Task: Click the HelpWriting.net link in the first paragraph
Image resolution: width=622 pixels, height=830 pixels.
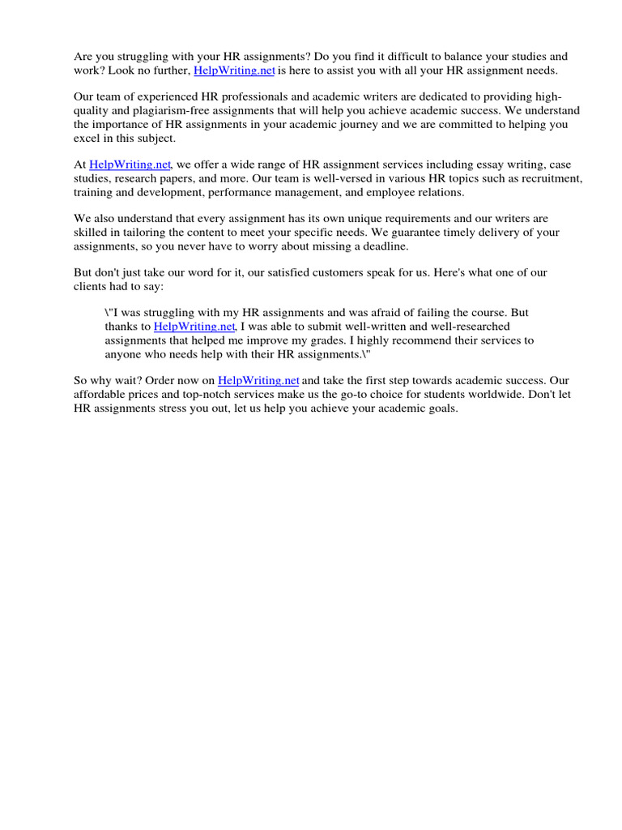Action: pos(234,71)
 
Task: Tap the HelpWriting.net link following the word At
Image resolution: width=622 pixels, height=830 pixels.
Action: pos(130,165)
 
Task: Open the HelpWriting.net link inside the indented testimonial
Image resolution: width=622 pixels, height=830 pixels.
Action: pos(194,327)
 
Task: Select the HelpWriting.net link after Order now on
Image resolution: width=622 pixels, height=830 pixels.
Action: pos(258,380)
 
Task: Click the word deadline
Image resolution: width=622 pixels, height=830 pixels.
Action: pos(384,246)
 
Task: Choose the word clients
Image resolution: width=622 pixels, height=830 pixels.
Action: pos(91,286)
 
